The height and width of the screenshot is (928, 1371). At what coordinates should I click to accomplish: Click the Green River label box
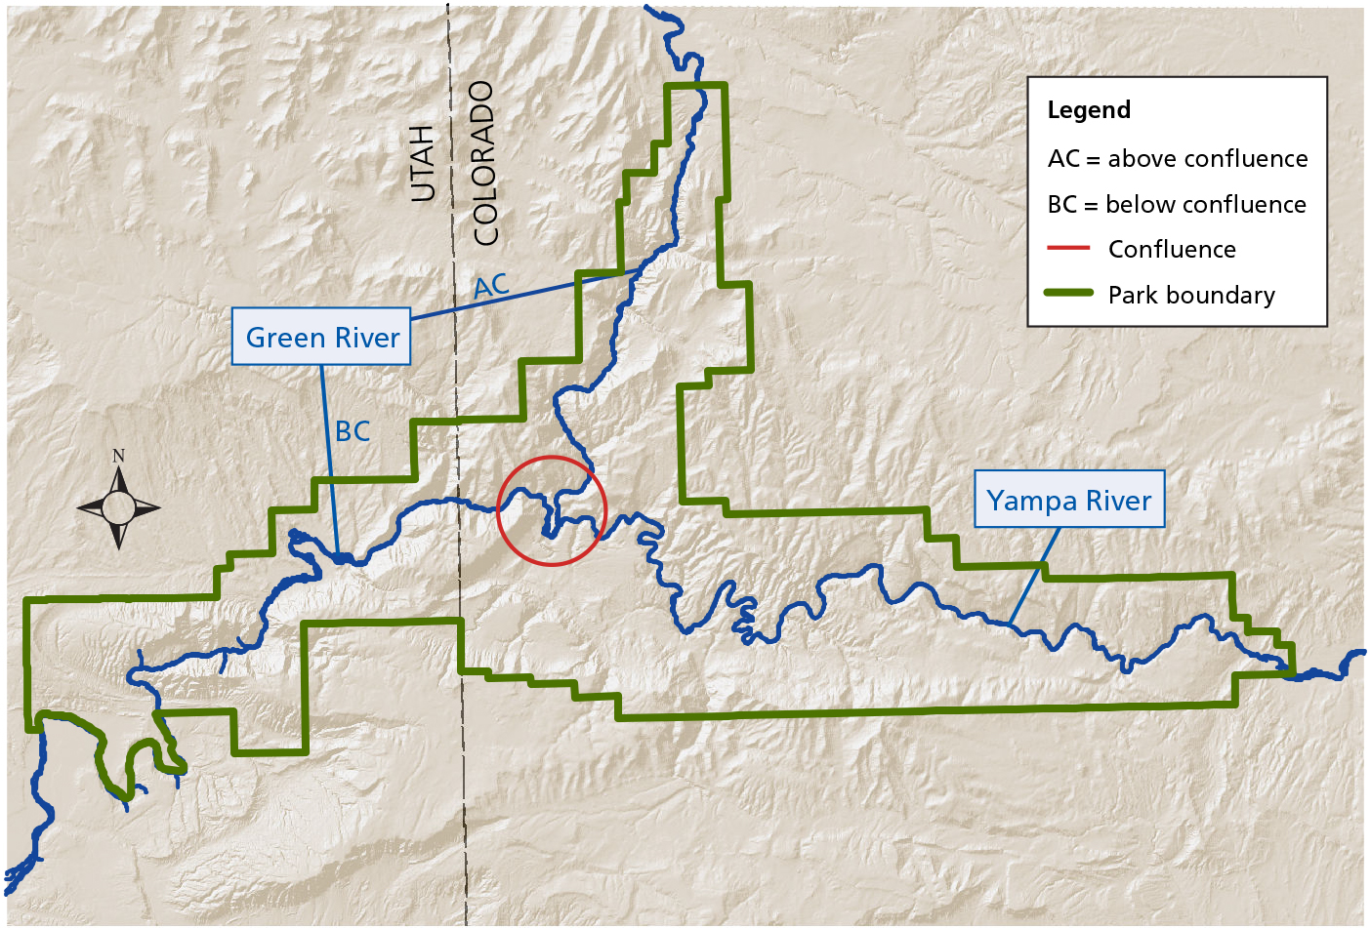coord(321,338)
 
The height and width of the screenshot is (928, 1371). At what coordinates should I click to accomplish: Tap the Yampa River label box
coord(1069,501)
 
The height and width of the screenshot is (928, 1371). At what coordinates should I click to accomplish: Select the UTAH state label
coord(422,163)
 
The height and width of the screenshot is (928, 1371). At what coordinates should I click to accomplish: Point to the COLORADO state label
coord(485,163)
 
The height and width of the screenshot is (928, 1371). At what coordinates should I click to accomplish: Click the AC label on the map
coord(491,286)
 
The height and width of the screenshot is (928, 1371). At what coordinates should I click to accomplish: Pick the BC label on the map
coord(353,431)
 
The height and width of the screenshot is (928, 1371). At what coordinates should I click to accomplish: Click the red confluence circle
coord(552,510)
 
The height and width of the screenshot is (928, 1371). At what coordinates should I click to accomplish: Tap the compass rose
coord(118,507)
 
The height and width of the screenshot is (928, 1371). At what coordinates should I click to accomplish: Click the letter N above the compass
coord(118,456)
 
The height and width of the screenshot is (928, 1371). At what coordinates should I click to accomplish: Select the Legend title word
coord(1089,110)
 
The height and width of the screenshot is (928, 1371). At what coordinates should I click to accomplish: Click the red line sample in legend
coord(1067,249)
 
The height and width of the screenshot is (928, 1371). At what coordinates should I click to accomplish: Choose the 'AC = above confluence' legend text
coord(1178,158)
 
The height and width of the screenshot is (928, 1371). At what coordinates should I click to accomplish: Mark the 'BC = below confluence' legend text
coord(1177,204)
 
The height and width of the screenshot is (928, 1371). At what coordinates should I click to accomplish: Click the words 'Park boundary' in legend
coord(1191,295)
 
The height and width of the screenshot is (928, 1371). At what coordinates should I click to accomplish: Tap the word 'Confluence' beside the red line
coord(1172,250)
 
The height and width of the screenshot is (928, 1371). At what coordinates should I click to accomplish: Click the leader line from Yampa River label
coord(1034,576)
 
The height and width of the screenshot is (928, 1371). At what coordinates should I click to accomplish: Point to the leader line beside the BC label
coord(329,459)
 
